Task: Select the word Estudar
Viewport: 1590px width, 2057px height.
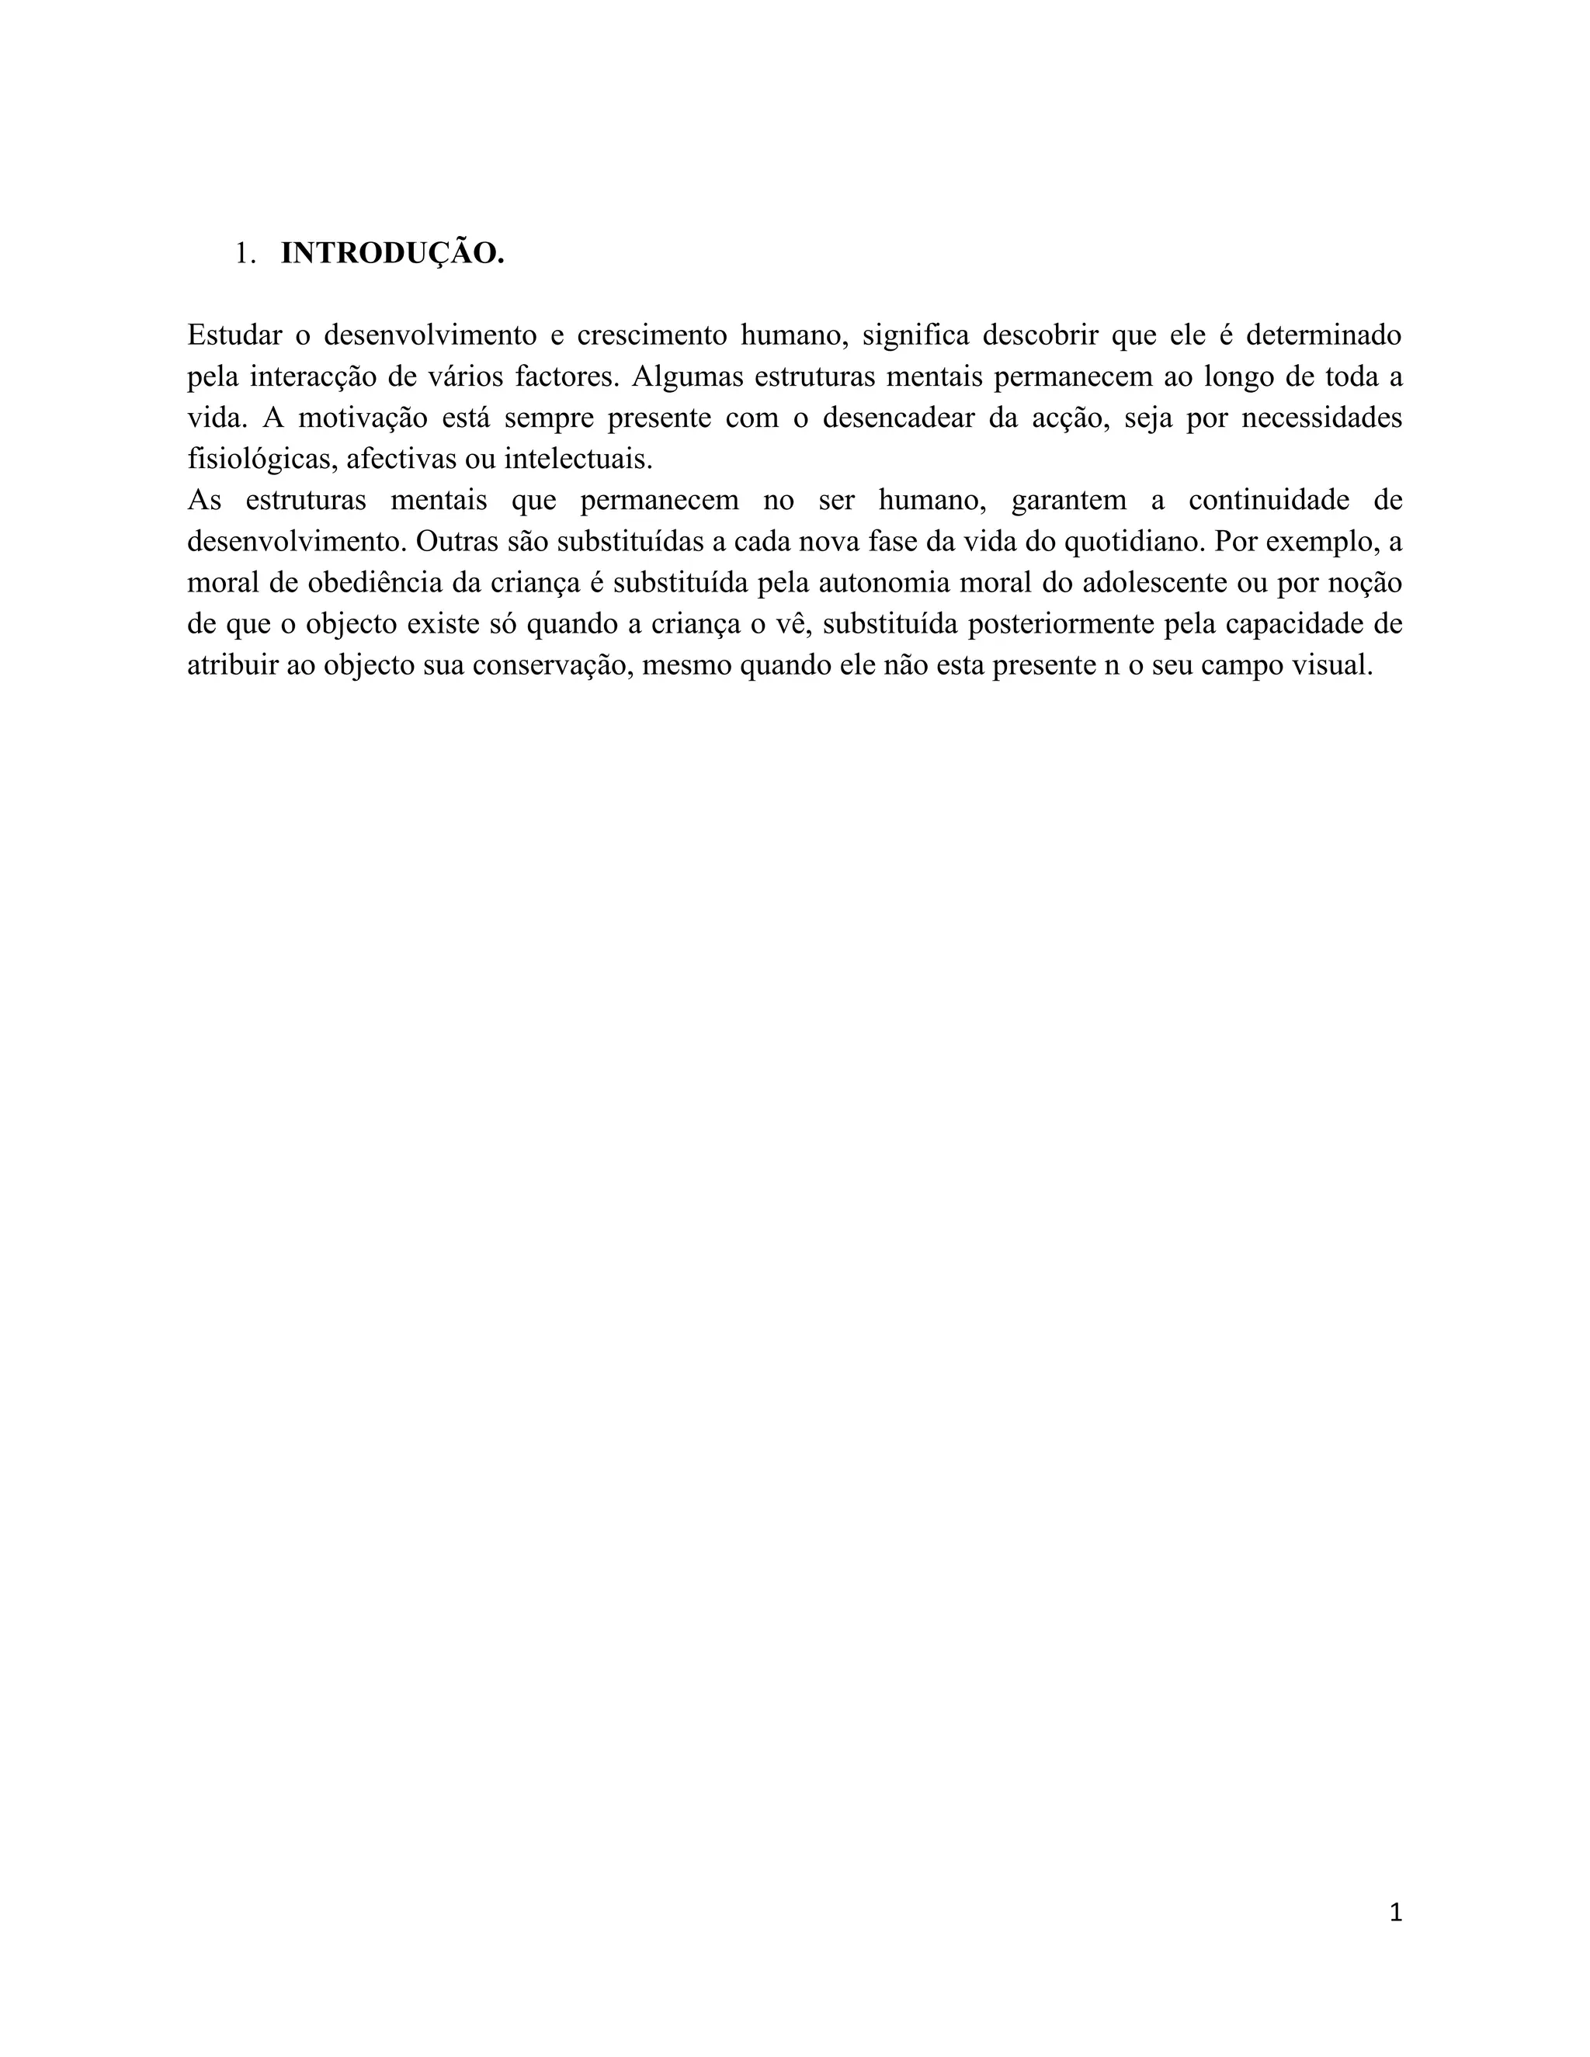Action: click(x=234, y=335)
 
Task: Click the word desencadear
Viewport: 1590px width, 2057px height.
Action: click(x=898, y=418)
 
